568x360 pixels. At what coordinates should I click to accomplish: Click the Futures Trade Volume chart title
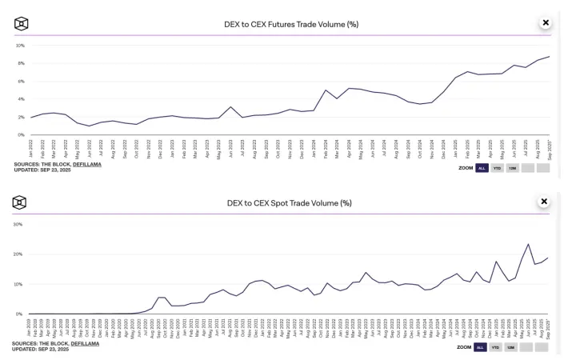[x=290, y=24]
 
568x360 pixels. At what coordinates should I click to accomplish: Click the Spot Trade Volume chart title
[x=290, y=202]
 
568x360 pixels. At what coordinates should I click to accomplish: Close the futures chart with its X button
[x=546, y=23]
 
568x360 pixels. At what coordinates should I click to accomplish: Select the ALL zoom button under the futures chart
[x=481, y=169]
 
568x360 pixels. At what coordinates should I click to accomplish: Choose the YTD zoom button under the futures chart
[x=496, y=169]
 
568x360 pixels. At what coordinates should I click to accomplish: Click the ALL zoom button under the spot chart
[x=481, y=347]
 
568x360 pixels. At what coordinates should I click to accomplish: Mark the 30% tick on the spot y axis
[x=18, y=224]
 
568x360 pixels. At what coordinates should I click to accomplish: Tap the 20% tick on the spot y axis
[x=18, y=254]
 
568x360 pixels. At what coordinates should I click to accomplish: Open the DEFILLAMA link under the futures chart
[x=86, y=164]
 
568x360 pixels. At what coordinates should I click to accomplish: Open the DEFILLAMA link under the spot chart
[x=86, y=342]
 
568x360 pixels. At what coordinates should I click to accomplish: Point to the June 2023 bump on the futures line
[x=230, y=107]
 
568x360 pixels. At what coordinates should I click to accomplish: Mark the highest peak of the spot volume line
[x=528, y=244]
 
